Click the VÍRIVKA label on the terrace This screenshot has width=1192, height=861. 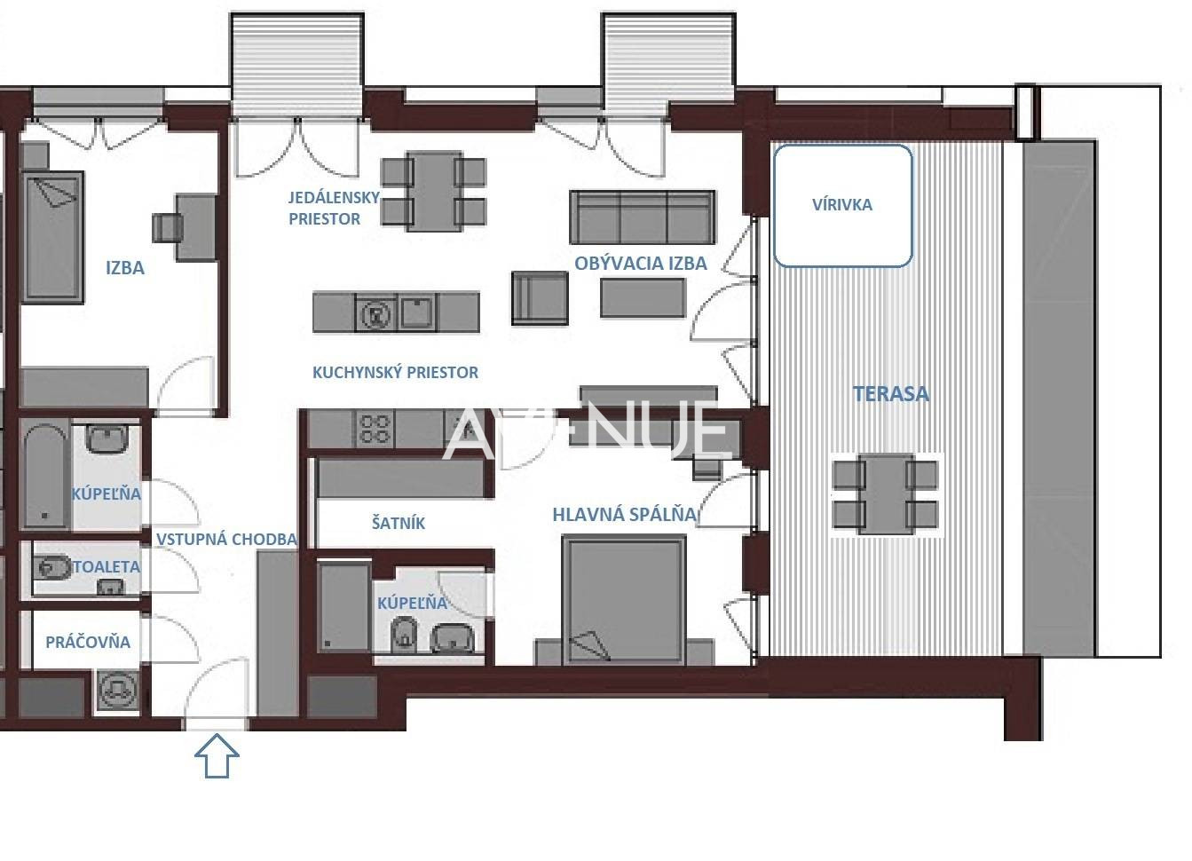pos(841,205)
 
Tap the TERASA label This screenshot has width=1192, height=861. pos(891,394)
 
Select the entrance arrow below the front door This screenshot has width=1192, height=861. pos(217,755)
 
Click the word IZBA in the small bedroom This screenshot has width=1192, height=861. pos(125,268)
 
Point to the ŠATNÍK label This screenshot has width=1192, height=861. pos(398,523)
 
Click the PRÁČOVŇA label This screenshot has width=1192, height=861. pos(88,642)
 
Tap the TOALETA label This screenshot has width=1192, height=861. pos(107,566)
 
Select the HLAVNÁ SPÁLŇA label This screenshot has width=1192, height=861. pos(625,515)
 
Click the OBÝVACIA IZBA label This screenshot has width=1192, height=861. pos(641,264)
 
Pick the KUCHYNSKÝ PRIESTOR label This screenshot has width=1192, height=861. pos(395,373)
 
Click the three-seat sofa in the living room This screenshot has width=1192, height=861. pos(643,217)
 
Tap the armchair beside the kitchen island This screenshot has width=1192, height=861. pos(540,298)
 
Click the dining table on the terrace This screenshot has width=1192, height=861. pos(886,494)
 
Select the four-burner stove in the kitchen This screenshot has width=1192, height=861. pos(374,430)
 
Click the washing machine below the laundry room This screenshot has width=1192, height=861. pos(117,691)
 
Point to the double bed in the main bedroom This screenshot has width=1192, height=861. pos(624,600)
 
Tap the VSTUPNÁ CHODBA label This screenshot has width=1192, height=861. pos(226,539)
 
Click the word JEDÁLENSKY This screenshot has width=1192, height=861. pos(335,197)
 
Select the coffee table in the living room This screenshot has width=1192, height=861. pos(643,298)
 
